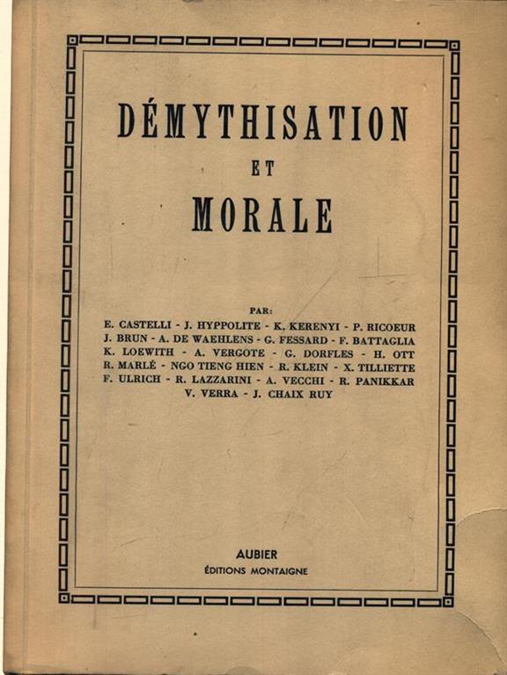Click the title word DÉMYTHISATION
pyautogui.click(x=262, y=123)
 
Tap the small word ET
pyautogui.click(x=261, y=169)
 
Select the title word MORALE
pyautogui.click(x=261, y=214)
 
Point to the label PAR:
pyautogui.click(x=261, y=309)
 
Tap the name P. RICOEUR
pyautogui.click(x=385, y=324)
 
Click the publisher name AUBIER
pyautogui.click(x=257, y=555)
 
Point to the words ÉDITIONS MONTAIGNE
pyautogui.click(x=257, y=570)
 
